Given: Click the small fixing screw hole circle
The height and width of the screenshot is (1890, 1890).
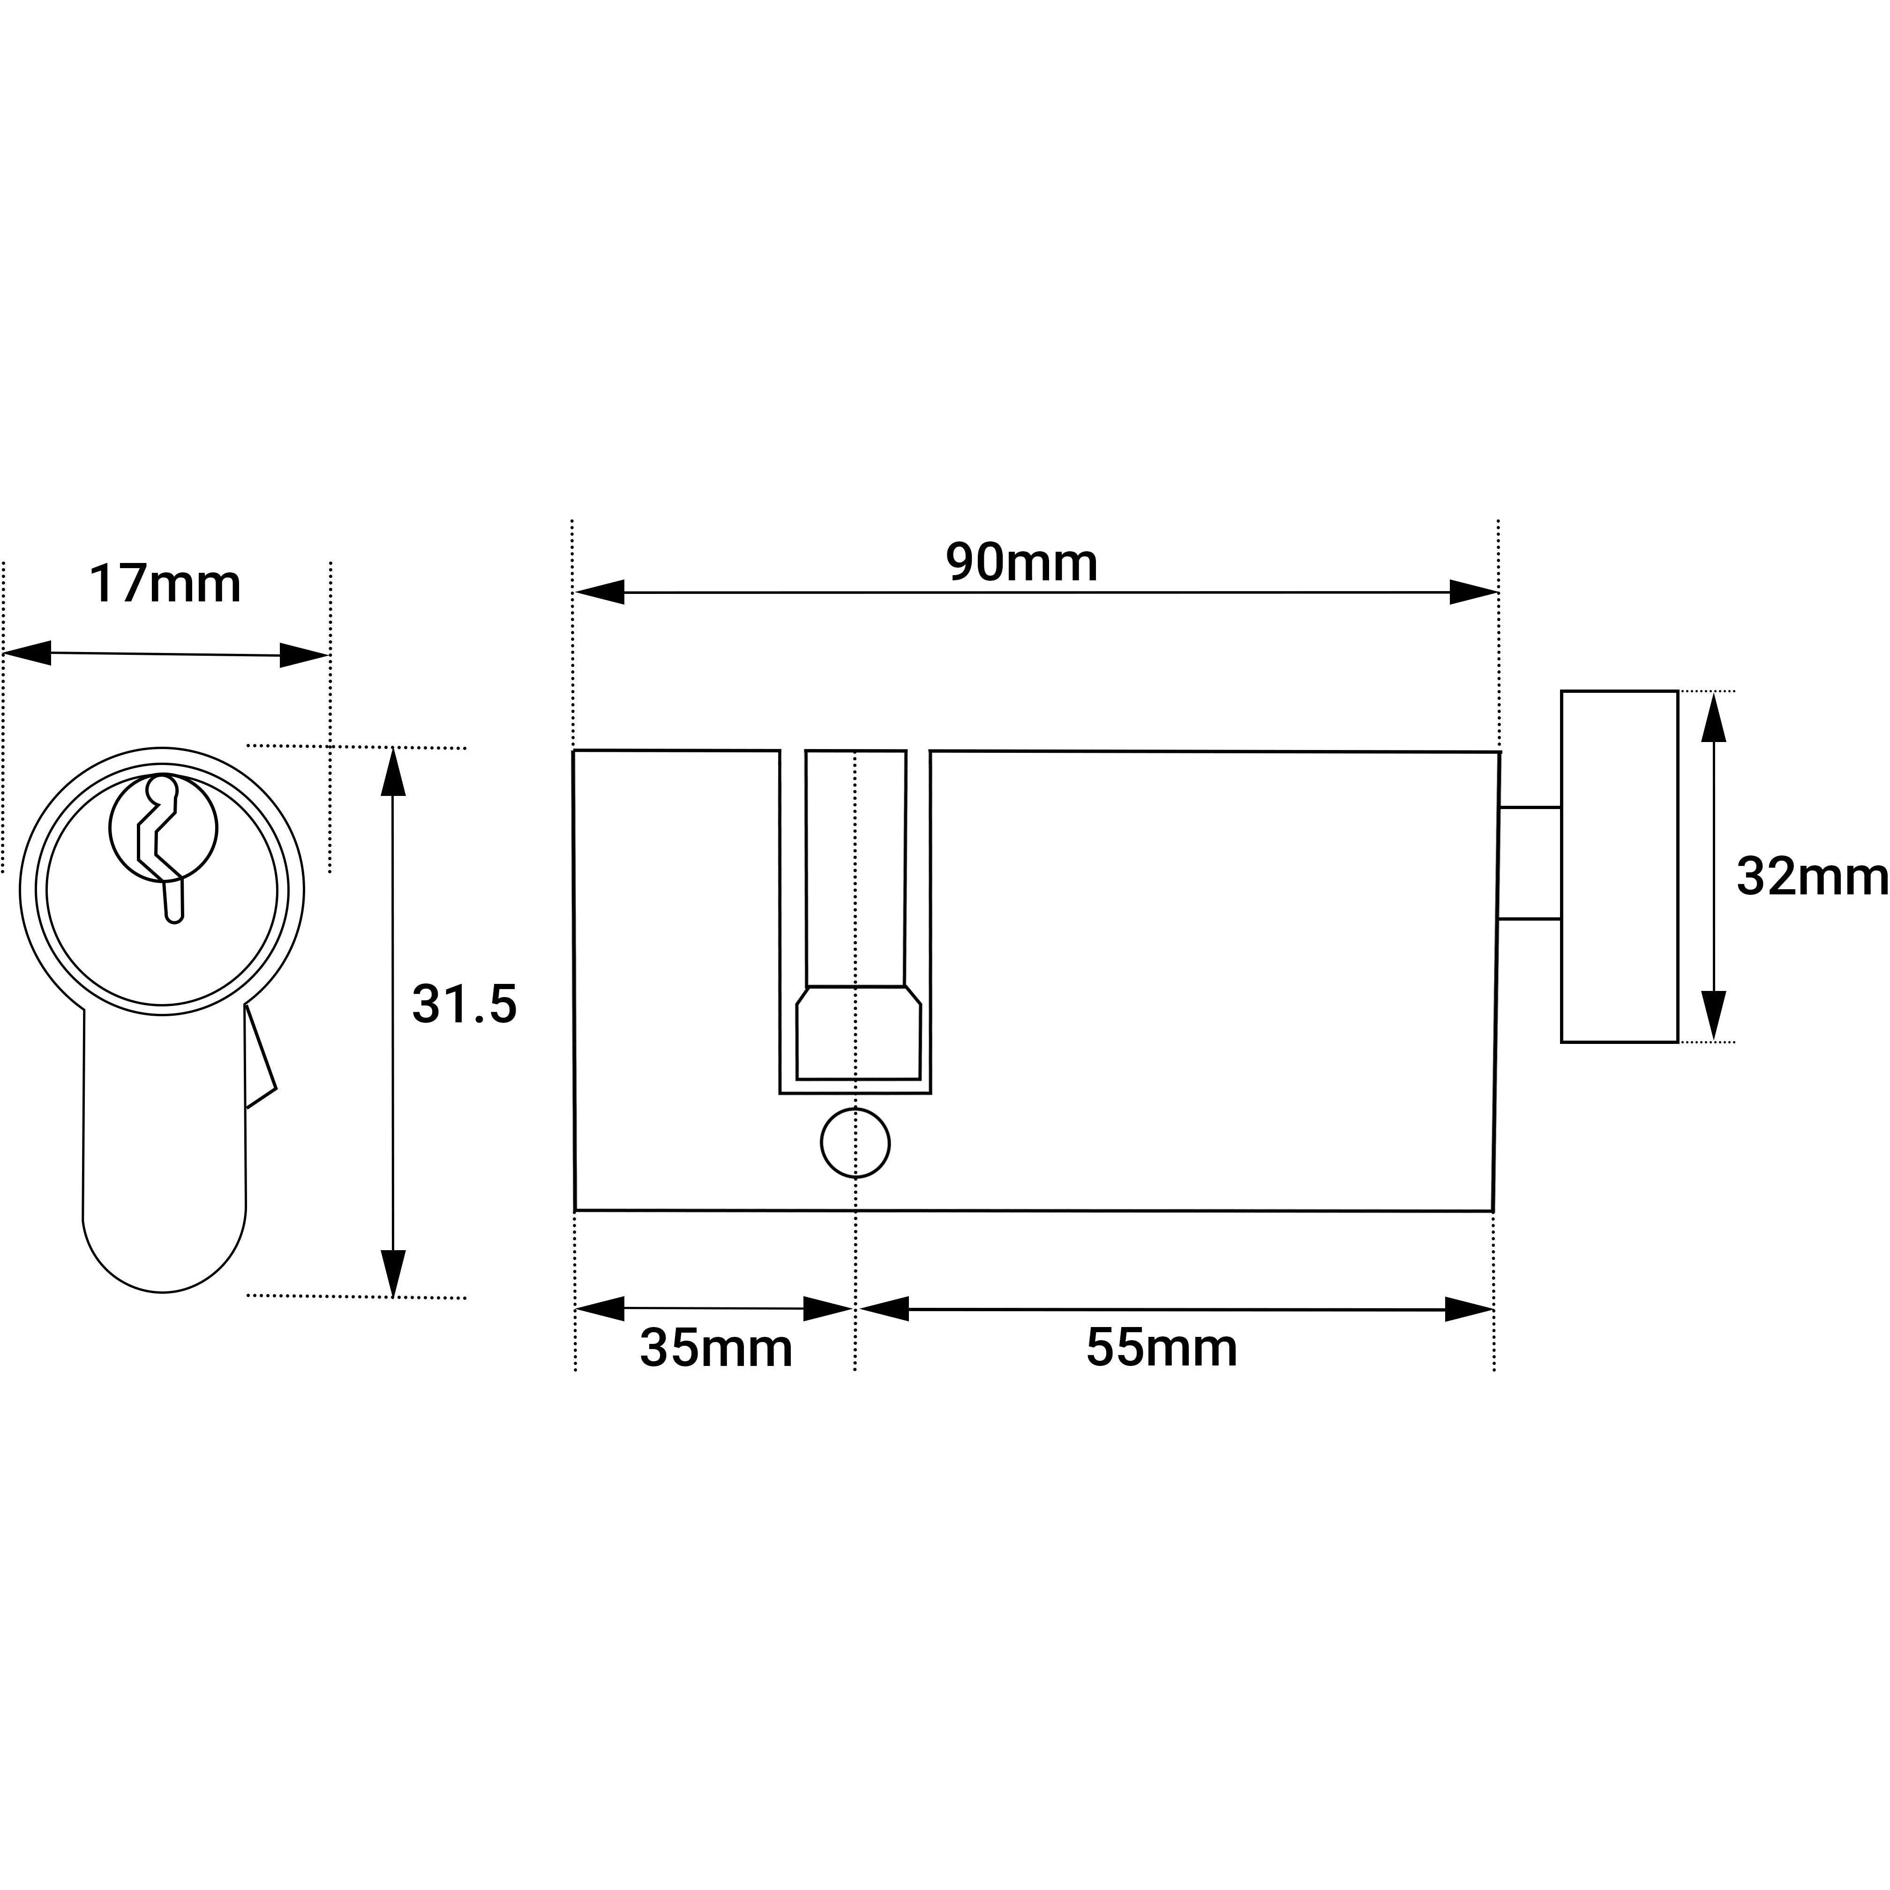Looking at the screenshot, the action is (855, 1144).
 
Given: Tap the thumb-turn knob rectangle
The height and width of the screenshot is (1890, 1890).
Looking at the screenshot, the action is (1619, 867).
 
